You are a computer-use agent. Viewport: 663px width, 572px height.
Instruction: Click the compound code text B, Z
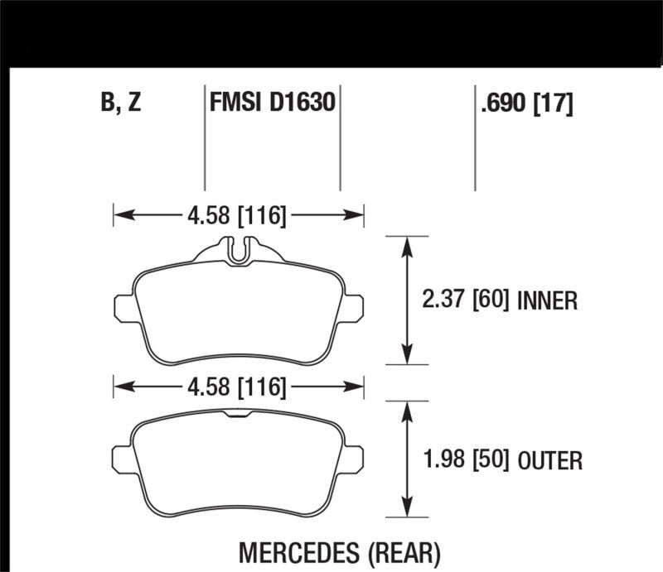pyautogui.click(x=120, y=103)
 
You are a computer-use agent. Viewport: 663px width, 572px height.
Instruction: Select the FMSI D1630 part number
pyautogui.click(x=272, y=103)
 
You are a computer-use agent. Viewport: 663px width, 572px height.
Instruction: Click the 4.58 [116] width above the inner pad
pyautogui.click(x=237, y=217)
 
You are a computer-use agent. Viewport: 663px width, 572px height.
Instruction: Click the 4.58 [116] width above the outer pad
pyautogui.click(x=237, y=386)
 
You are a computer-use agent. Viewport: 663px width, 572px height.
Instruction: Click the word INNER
pyautogui.click(x=547, y=300)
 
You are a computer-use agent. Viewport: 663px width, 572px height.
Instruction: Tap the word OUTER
pyautogui.click(x=550, y=459)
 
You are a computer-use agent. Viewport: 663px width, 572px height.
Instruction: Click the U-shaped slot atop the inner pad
pyautogui.click(x=239, y=249)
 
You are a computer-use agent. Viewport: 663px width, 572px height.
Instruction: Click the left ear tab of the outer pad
pyautogui.click(x=123, y=458)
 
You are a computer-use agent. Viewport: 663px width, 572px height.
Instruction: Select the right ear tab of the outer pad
pyautogui.click(x=355, y=458)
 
